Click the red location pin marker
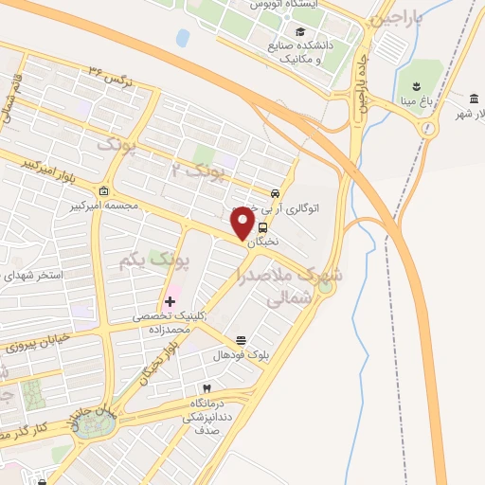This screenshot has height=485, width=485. pyautogui.click(x=243, y=223)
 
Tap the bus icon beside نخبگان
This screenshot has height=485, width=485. pyautogui.click(x=262, y=227)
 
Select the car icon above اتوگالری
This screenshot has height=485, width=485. pyautogui.click(x=275, y=191)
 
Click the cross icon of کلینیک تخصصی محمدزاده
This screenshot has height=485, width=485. pyautogui.click(x=169, y=302)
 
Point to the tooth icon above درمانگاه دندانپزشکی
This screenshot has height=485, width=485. pyautogui.click(x=206, y=388)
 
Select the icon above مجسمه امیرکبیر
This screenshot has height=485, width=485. pyautogui.click(x=103, y=190)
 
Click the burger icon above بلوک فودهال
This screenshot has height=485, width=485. pyautogui.click(x=241, y=340)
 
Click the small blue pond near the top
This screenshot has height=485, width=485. pyautogui.click(x=183, y=38)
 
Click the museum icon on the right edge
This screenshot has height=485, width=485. pyautogui.click(x=473, y=99)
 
